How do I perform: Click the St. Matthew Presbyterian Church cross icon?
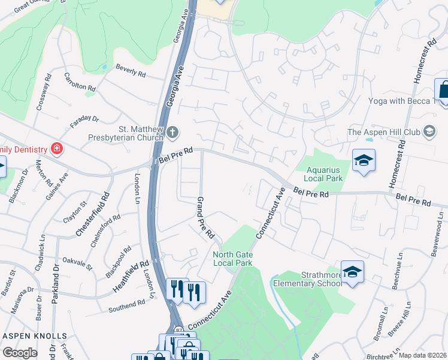click(x=172, y=132)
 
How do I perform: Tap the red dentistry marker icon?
click(x=56, y=148)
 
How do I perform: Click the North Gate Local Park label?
click(x=232, y=259)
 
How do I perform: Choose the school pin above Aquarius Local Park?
click(x=364, y=161)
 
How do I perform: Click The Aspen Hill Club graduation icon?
click(x=429, y=131)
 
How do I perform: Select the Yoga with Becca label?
click(x=402, y=101)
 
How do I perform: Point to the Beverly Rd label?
click(x=131, y=70)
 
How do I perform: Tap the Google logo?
click(x=20, y=353)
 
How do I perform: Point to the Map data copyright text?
click(x=422, y=355)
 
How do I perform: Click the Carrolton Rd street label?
click(x=80, y=83)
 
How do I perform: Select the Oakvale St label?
click(x=77, y=262)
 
